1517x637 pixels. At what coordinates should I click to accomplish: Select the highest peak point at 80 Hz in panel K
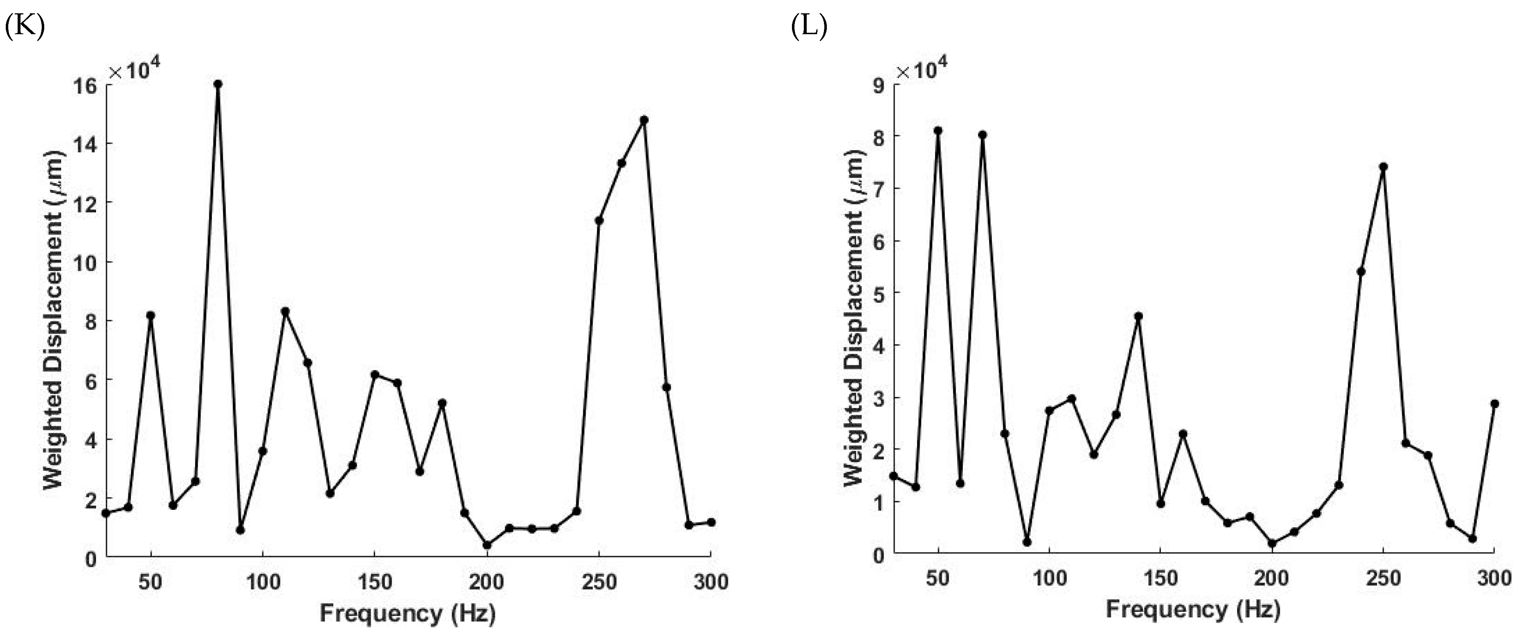[x=218, y=84]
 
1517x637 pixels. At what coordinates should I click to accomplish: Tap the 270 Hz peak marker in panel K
[x=644, y=119]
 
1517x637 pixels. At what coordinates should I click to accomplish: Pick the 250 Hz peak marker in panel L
[x=1383, y=167]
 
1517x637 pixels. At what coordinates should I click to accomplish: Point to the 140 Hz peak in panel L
[x=1138, y=316]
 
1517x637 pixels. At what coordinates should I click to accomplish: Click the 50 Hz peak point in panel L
[x=938, y=130]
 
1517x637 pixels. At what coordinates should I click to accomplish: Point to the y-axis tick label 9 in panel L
[x=879, y=85]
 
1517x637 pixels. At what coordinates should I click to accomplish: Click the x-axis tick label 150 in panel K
[x=374, y=583]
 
